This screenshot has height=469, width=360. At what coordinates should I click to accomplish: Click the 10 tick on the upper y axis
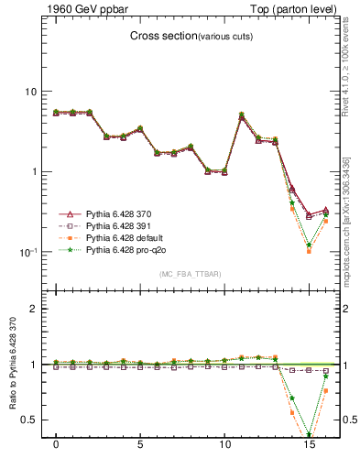point(29,92)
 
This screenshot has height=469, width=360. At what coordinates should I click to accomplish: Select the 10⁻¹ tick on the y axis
point(27,252)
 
